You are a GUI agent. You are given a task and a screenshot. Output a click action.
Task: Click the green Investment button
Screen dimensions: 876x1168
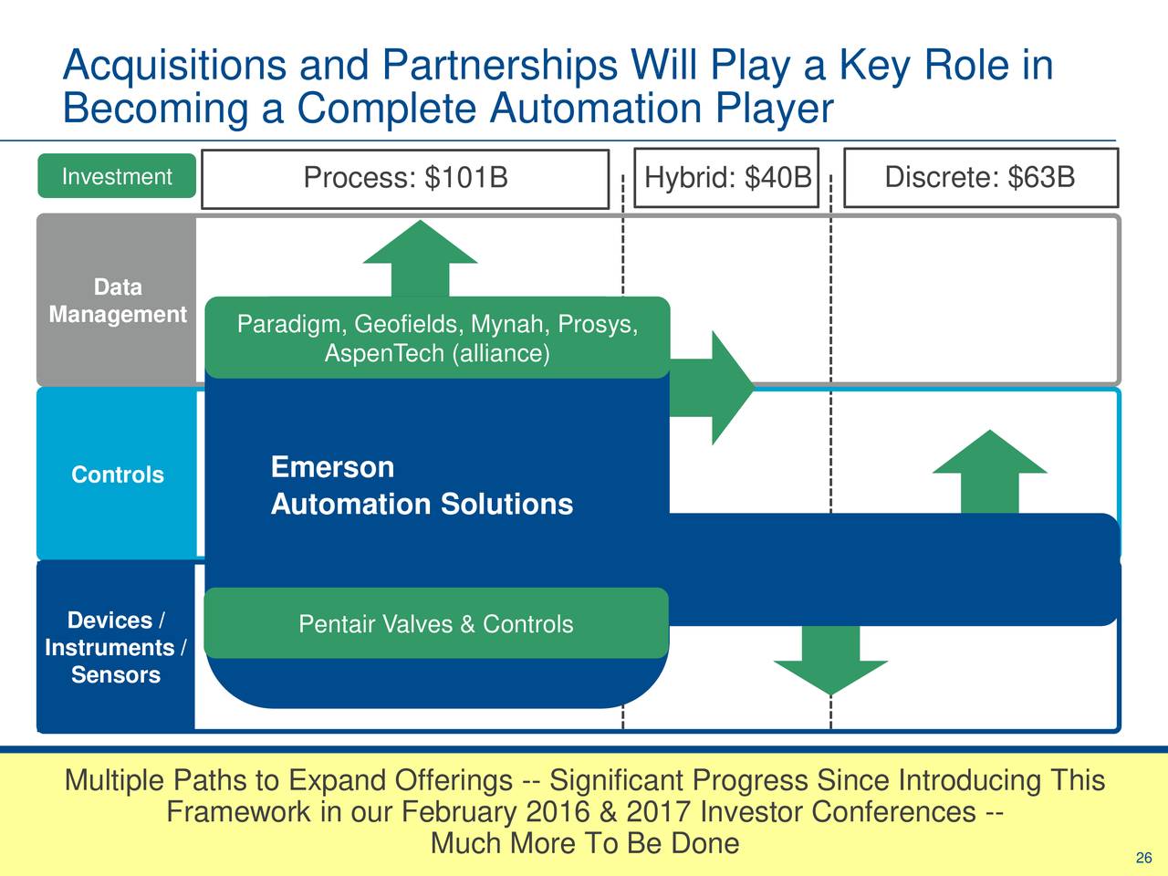click(116, 176)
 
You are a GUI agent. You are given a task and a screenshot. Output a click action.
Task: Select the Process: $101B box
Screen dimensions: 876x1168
click(405, 178)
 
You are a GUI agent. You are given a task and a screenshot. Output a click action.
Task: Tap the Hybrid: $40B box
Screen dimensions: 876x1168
click(726, 177)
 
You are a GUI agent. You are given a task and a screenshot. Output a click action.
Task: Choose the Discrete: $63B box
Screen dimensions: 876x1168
click(980, 177)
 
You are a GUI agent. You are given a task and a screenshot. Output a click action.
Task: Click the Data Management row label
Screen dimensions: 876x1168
click(117, 301)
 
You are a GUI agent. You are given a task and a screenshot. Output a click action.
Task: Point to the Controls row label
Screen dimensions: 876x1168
click(117, 474)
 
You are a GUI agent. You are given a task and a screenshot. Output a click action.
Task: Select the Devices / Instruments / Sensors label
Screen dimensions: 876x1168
click(116, 647)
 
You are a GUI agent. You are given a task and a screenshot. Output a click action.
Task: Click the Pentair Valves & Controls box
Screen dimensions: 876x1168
click(436, 624)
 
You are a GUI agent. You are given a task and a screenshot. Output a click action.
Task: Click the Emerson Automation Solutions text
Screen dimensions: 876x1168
click(422, 486)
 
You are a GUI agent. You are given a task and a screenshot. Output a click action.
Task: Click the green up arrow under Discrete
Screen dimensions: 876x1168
click(989, 470)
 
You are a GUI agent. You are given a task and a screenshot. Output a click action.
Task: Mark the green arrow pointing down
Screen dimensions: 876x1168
click(830, 662)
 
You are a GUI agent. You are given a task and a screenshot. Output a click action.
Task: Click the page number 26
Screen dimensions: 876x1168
click(1143, 858)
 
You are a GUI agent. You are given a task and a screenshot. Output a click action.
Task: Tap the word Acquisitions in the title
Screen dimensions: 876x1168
click(176, 66)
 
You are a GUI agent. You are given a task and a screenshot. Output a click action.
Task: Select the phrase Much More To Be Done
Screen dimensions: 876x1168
click(584, 843)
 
